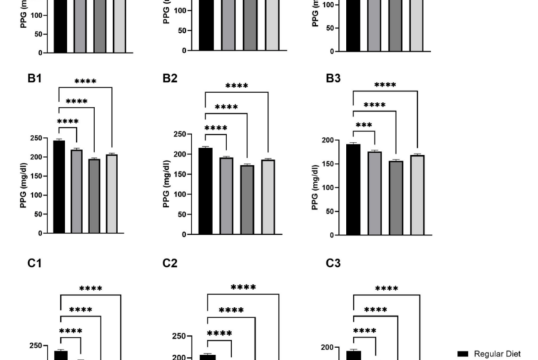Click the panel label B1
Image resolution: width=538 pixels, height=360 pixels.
pyautogui.click(x=35, y=78)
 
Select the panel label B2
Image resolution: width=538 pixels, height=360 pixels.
pyautogui.click(x=170, y=78)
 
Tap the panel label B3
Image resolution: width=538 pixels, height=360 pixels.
pyautogui.click(x=333, y=78)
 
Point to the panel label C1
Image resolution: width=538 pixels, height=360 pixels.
pyautogui.click(x=35, y=264)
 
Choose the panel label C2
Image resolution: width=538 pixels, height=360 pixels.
pyautogui.click(x=170, y=264)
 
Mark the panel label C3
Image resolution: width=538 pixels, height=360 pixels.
pyautogui.click(x=333, y=264)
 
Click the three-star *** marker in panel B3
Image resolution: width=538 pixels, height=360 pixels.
pyautogui.click(x=363, y=127)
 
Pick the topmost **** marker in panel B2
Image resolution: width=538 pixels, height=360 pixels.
pyautogui.click(x=237, y=87)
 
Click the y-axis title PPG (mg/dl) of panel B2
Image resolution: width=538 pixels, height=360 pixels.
pyautogui.click(x=166, y=185)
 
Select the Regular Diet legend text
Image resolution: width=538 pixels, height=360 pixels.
pyautogui.click(x=497, y=354)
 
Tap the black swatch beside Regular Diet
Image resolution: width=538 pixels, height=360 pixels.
pyautogui.click(x=463, y=354)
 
